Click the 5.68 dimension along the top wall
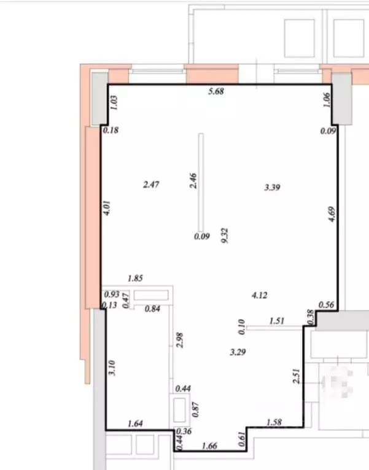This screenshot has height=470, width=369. pos(216,91)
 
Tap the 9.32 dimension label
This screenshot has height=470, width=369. pos(225,235)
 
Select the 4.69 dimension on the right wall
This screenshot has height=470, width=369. pos(332,214)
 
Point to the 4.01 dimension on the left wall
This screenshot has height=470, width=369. pos(107,208)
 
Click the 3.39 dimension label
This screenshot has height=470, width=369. pos(273,188)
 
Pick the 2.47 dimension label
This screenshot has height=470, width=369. pos(151,184)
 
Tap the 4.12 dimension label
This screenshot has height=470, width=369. pos(260,295)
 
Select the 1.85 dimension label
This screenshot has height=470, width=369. pos(135,278)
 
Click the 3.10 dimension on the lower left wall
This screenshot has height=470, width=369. pos(112,368)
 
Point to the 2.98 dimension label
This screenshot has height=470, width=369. pos(180,340)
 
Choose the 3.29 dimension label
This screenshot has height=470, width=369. pos(238,352)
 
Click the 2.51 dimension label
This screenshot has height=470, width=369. pos(296,376)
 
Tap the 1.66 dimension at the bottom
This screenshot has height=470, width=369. pos(209,445)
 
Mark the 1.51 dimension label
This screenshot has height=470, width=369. pos(277,320)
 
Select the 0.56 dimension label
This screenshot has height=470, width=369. pos(327,305)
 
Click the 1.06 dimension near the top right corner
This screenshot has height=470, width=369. pos(327,99)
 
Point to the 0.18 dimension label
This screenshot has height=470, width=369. pos(111,130)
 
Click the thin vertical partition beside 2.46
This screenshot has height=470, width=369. pos(201,182)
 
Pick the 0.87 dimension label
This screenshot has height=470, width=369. pos(196,409)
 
